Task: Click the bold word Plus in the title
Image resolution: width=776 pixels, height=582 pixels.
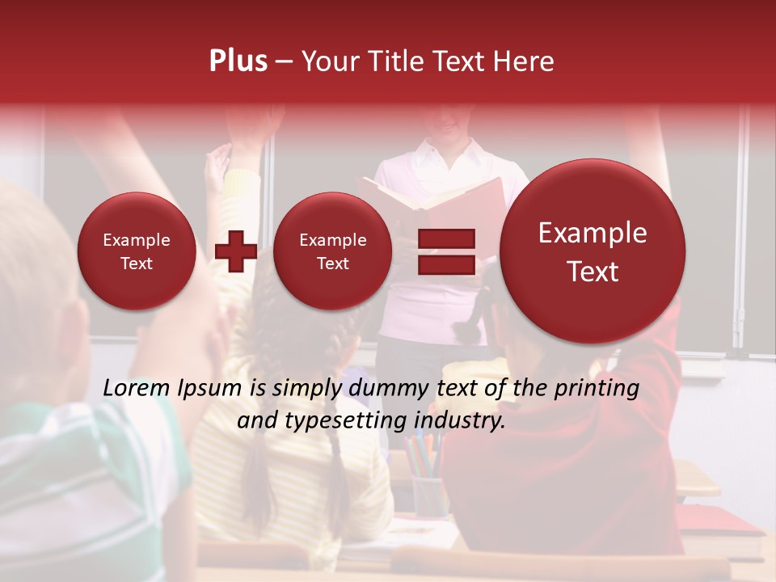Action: pos(238,61)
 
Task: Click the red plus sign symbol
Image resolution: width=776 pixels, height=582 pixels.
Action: pos(235,251)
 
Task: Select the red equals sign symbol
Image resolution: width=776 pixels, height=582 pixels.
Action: pos(445,251)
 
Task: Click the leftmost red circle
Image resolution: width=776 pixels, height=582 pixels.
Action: pos(136,251)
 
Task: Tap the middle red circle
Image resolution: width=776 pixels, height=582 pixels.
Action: pos(332,251)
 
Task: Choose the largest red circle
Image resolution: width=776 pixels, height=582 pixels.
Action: pos(593,251)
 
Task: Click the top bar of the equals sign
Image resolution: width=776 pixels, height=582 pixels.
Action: pos(445,238)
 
